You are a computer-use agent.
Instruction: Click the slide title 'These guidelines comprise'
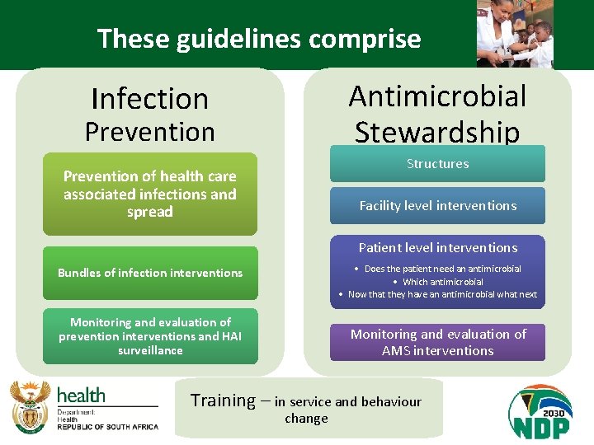click(258, 39)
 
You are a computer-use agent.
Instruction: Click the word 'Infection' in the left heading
click(149, 99)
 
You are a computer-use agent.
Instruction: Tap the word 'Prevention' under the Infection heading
click(149, 132)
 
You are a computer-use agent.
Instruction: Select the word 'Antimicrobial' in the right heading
click(437, 96)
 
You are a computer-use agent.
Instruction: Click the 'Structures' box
click(437, 164)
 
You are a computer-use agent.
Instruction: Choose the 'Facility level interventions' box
click(437, 206)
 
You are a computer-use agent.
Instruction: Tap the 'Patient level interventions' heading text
click(437, 247)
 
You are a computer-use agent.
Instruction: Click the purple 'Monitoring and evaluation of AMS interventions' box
click(437, 342)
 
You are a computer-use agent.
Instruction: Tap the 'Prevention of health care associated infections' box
click(149, 194)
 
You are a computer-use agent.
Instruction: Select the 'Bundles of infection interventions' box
click(149, 273)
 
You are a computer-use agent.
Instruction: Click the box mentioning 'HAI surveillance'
click(149, 336)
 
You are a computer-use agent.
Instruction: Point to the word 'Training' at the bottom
click(223, 401)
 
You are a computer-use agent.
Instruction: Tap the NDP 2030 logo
click(540, 411)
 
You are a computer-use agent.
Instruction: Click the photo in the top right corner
click(515, 34)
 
